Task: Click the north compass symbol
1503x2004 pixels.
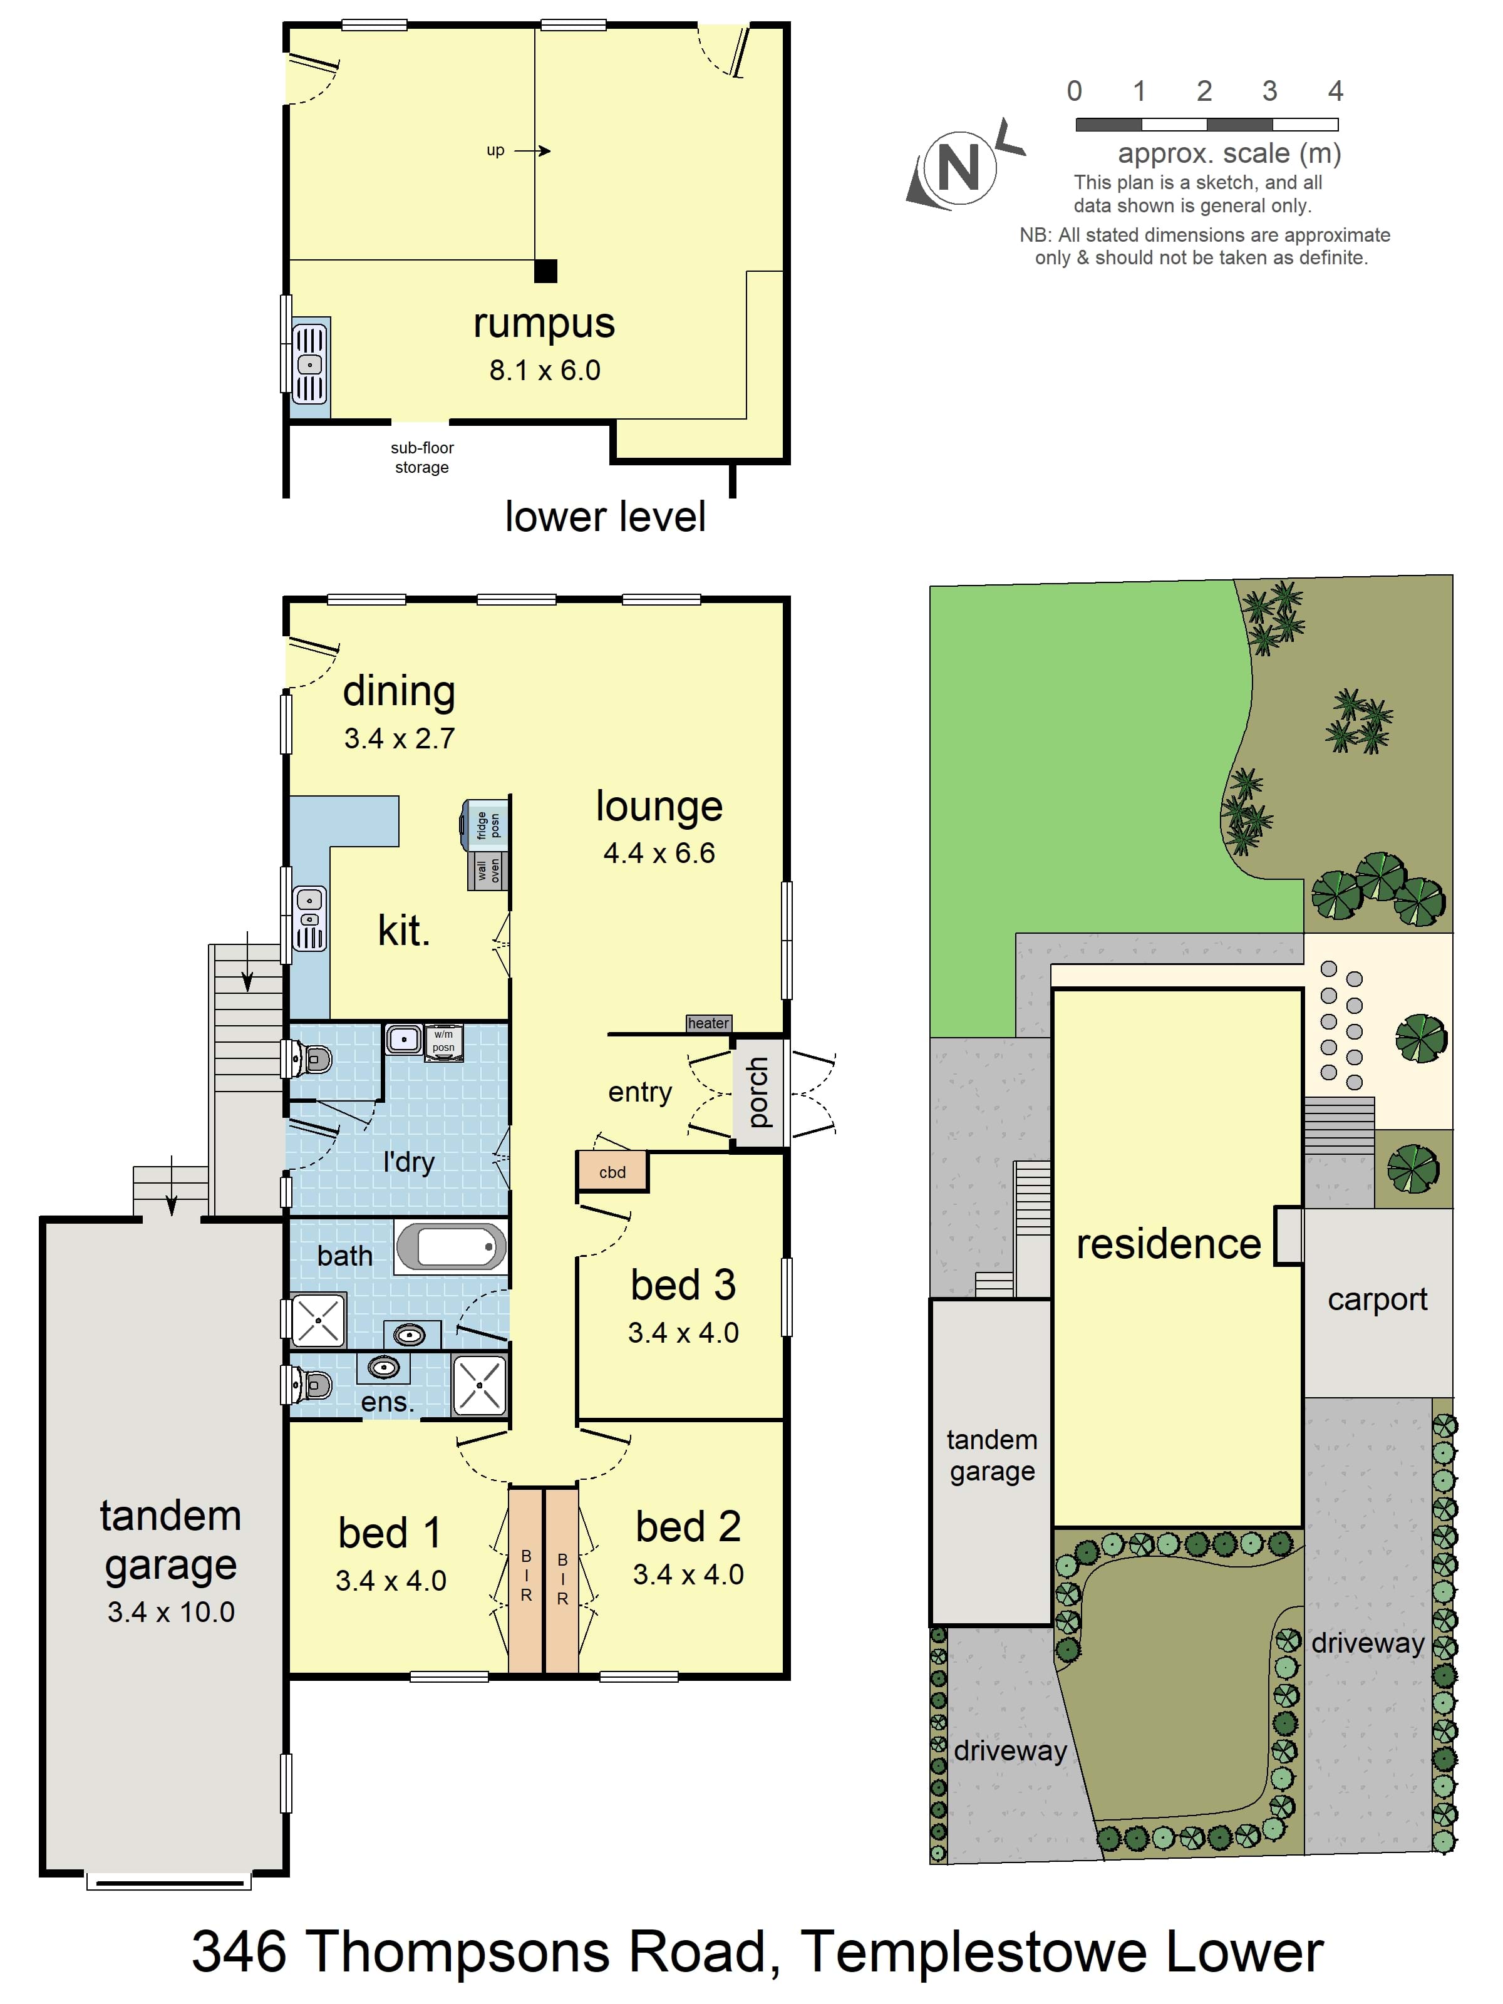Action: [960, 168]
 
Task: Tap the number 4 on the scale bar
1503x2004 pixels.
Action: [1335, 91]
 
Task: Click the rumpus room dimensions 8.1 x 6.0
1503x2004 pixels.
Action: [544, 369]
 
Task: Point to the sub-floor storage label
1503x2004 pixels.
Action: [422, 458]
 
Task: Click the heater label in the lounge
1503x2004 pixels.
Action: [708, 1023]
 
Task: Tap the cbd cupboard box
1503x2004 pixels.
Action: [612, 1172]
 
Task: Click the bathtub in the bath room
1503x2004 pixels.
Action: [450, 1247]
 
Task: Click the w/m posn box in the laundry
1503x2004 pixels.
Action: [444, 1041]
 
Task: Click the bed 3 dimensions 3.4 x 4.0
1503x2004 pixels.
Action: [683, 1333]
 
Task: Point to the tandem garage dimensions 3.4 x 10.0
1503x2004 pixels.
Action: [170, 1612]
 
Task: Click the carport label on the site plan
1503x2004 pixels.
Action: [1377, 1300]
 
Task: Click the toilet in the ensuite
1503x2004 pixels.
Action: [310, 1384]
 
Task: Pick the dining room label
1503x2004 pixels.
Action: [399, 691]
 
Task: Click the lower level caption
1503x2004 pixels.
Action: [605, 517]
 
